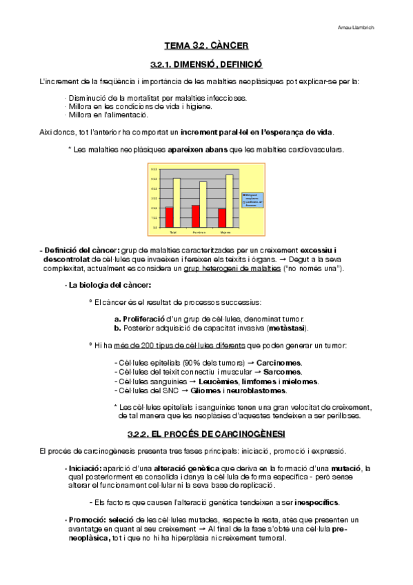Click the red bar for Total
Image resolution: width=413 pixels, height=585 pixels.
click(170, 217)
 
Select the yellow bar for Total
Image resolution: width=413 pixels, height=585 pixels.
click(177, 202)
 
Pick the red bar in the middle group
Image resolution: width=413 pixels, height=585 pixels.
click(196, 215)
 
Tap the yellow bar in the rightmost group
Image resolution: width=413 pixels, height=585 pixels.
click(230, 200)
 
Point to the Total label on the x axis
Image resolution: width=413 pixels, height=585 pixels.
click(172, 232)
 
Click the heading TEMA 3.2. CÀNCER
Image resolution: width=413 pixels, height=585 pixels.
click(206, 46)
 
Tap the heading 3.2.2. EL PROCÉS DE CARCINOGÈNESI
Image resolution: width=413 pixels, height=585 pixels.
click(206, 433)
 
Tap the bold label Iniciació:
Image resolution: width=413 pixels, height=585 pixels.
click(85, 468)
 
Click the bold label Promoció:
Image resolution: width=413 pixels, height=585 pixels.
click(85, 519)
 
